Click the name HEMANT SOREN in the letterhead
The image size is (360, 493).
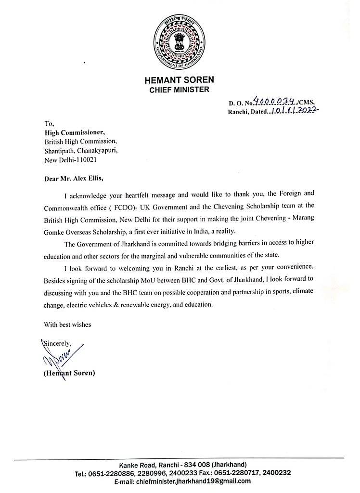(180, 80)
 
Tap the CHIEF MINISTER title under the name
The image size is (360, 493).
(180, 89)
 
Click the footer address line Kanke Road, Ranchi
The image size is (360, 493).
(183, 465)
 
